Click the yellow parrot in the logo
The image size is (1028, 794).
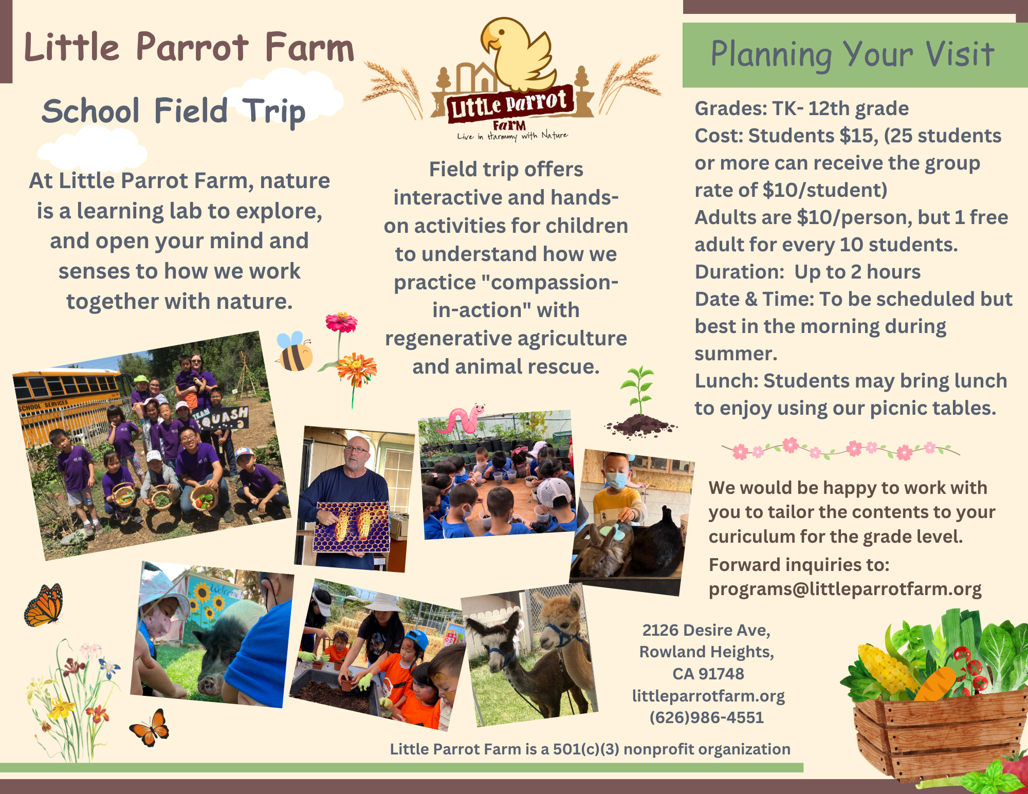click(x=517, y=54)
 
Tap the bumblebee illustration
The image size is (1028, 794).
click(x=295, y=352)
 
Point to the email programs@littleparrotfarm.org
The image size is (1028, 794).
click(x=845, y=589)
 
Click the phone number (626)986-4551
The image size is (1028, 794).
click(x=707, y=717)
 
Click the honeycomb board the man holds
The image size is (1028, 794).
click(x=353, y=526)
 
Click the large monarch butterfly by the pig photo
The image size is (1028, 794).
click(x=44, y=605)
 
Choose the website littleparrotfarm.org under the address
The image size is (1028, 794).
click(x=708, y=696)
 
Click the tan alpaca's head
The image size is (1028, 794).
click(x=560, y=619)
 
